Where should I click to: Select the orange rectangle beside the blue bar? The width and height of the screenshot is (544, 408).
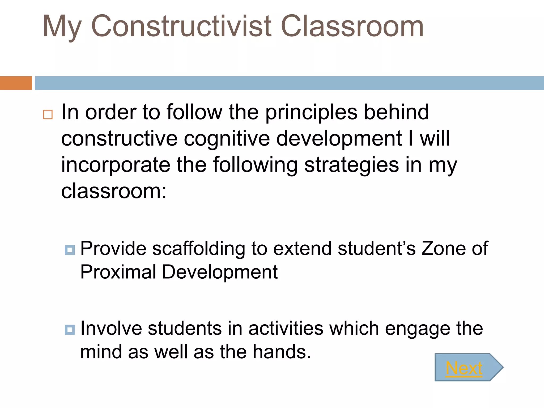[x=16, y=83]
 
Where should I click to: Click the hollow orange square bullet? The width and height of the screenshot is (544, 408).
[x=48, y=114]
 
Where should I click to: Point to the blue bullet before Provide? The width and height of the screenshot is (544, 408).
[x=70, y=250]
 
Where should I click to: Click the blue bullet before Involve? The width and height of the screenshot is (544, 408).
[x=70, y=330]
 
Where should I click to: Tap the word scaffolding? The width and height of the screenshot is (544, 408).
[x=198, y=249]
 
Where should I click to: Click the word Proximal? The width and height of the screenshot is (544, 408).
[x=118, y=272]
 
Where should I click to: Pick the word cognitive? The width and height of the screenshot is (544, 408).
[x=227, y=139]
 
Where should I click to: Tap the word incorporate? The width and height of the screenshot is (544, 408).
[x=116, y=165]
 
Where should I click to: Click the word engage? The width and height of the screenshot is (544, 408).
[x=418, y=329]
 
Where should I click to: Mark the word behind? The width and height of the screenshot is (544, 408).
[x=396, y=112]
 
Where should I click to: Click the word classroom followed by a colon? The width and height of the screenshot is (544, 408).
[x=114, y=191]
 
